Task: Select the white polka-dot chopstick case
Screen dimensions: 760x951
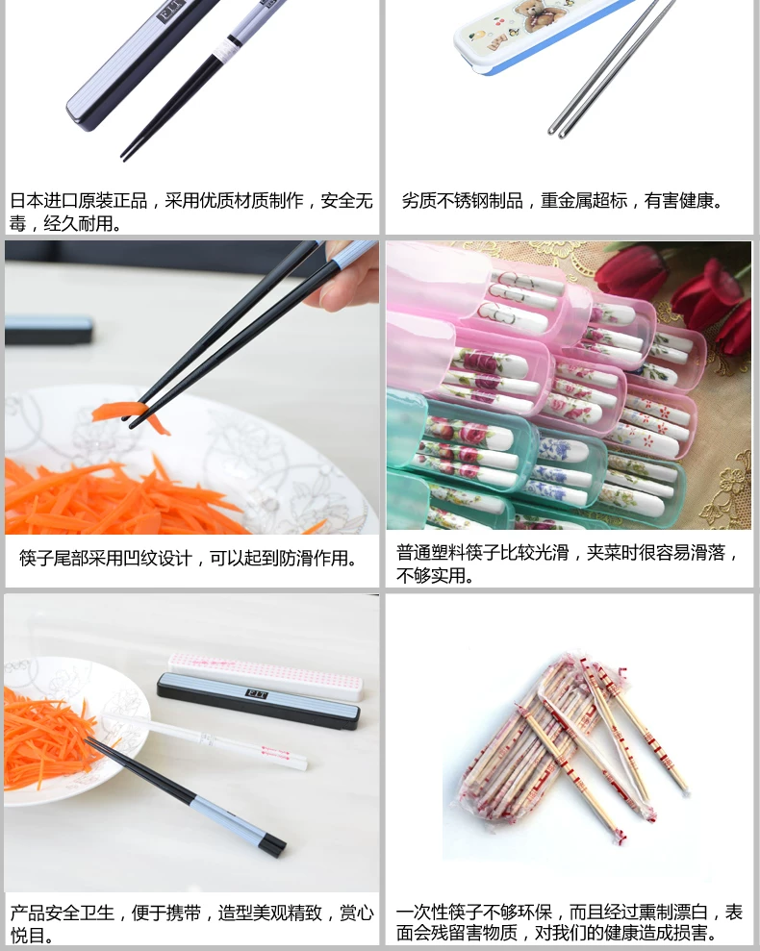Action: click(x=266, y=676)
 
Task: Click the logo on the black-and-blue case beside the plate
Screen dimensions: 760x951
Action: click(x=256, y=693)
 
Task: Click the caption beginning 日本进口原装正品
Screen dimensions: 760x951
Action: click(x=191, y=212)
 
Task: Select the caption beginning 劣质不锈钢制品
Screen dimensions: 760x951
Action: click(x=562, y=200)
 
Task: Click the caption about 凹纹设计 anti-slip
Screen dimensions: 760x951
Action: click(x=189, y=558)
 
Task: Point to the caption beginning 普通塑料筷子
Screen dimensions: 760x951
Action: click(x=567, y=563)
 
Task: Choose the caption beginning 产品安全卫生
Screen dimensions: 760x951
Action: click(x=191, y=923)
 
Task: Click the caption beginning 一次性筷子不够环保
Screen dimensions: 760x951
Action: click(x=570, y=922)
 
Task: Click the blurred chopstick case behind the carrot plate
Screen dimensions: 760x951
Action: click(x=48, y=331)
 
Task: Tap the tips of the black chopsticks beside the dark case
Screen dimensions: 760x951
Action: click(x=125, y=155)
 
